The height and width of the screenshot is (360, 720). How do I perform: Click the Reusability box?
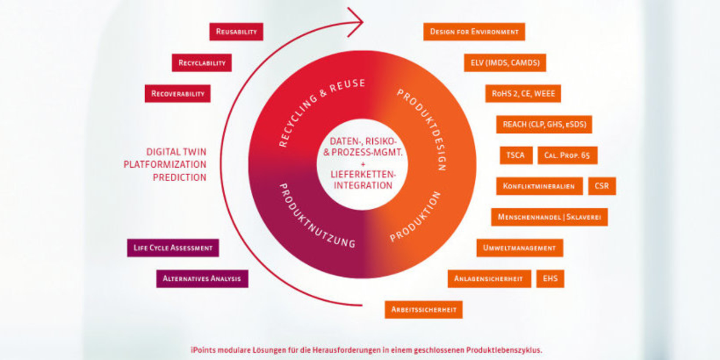pos(236,32)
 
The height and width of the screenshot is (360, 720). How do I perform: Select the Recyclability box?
pos(202,63)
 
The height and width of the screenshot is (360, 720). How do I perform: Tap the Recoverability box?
pos(178,94)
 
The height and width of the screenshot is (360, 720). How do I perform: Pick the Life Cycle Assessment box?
pos(173,248)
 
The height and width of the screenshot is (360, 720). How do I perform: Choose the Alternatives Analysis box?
pos(202,279)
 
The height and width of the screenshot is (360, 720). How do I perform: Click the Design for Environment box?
pos(474,32)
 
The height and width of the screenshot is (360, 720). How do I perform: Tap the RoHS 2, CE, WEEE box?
pos(523,93)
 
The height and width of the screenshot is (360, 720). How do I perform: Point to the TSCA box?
pos(516,155)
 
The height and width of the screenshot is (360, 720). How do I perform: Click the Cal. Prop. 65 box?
pos(567,155)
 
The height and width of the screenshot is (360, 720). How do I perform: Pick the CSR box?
pos(602,186)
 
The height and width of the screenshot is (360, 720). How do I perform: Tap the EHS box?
pos(550,279)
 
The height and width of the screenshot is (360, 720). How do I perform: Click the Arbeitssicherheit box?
pos(423,309)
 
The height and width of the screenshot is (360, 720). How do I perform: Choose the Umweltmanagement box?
pos(519,248)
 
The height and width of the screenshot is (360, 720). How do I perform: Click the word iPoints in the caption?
pos(202,350)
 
